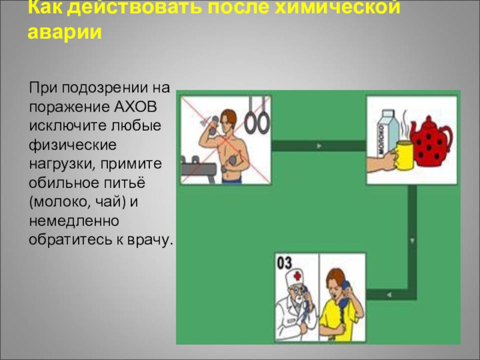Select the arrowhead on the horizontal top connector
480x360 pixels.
(x=318, y=146)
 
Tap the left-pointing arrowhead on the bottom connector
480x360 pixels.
(x=389, y=295)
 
